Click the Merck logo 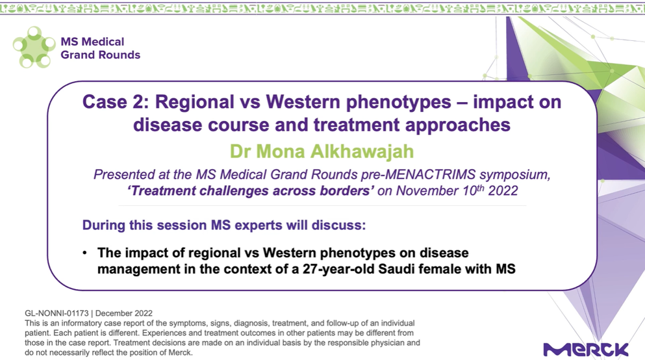(x=586, y=350)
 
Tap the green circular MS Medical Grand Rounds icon (x=34, y=47)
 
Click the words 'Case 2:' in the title (x=116, y=102)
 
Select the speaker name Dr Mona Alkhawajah (x=322, y=151)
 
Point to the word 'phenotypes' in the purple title (x=398, y=103)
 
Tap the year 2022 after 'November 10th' (x=503, y=191)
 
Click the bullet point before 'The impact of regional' (x=84, y=253)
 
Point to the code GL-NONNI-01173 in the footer (x=57, y=313)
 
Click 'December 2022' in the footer (x=124, y=313)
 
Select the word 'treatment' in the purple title (x=356, y=125)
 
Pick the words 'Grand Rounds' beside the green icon (x=101, y=55)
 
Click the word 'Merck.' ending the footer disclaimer (x=181, y=353)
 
